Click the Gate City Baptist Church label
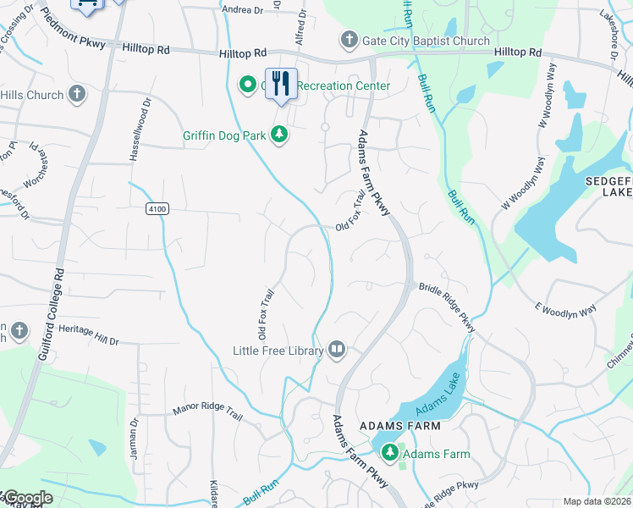point(426,41)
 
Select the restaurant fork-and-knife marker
point(282,84)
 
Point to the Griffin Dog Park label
point(224,135)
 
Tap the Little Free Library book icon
point(337,351)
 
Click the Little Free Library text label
point(278,351)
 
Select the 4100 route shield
point(157,207)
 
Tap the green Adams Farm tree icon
point(390,454)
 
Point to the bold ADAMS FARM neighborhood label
point(399,425)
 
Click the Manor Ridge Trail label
point(207,412)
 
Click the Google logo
point(27,498)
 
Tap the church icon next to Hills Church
point(77,95)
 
